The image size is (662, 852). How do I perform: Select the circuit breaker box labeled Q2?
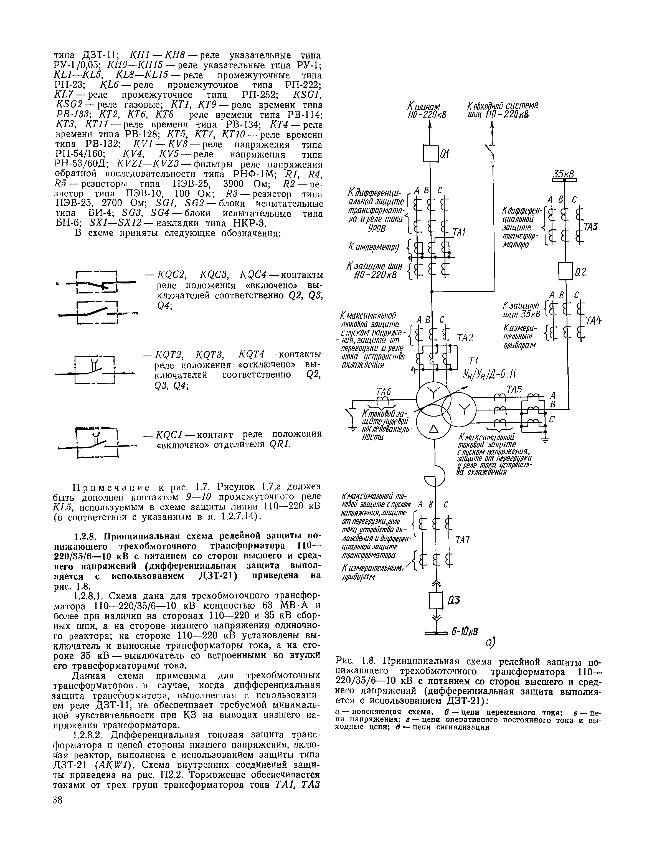[x=565, y=271]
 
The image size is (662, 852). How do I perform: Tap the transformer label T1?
[x=475, y=360]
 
